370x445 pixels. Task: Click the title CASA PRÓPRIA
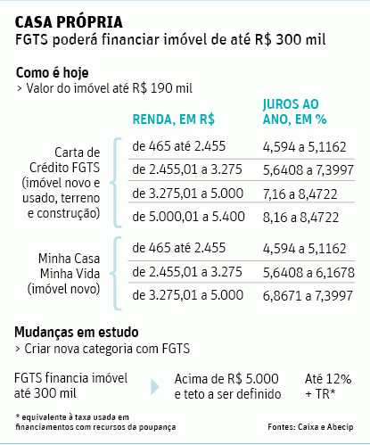click(69, 22)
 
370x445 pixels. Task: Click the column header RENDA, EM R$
click(174, 119)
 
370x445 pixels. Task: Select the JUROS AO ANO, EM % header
click(295, 111)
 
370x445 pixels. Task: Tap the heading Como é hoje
click(53, 73)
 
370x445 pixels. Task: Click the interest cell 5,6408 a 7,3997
click(308, 170)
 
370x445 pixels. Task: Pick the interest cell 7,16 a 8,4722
click(300, 194)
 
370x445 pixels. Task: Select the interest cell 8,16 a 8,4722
click(300, 218)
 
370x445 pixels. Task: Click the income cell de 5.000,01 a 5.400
click(189, 217)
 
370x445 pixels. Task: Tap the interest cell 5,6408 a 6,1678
click(308, 273)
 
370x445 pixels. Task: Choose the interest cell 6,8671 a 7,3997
click(308, 296)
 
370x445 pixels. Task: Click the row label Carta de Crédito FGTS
click(64, 161)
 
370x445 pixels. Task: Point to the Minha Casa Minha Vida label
click(69, 266)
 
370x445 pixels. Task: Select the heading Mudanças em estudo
click(77, 332)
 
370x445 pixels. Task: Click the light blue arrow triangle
click(155, 387)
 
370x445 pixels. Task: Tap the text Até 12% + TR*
click(328, 386)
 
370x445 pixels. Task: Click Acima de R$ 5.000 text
click(226, 379)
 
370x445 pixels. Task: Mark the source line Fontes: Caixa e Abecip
click(310, 427)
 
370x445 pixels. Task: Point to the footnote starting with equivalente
click(95, 422)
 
